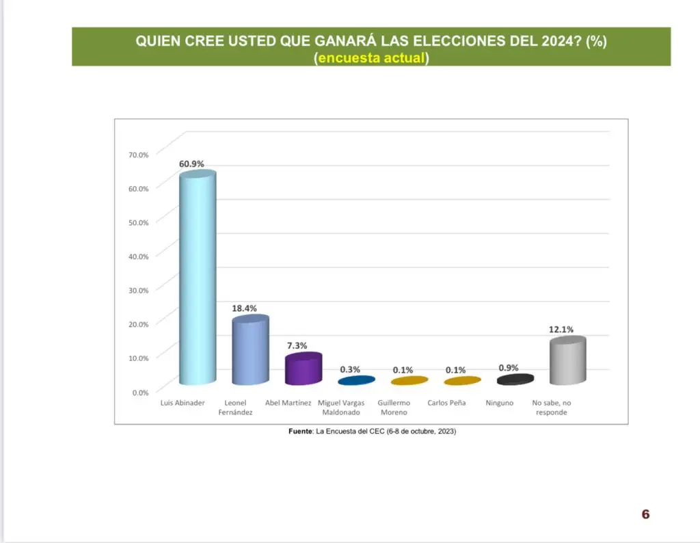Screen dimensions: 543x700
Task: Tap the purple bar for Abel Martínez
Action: (x=304, y=369)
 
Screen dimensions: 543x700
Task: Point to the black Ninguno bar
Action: (x=515, y=380)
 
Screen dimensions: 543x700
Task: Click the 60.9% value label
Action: (x=191, y=163)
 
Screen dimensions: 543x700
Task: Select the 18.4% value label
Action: (x=244, y=308)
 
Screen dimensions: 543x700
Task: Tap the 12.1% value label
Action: (x=561, y=329)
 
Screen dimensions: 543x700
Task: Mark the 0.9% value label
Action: (x=509, y=368)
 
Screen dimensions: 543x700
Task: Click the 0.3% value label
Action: (x=350, y=369)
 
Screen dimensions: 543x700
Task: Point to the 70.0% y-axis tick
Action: (x=138, y=155)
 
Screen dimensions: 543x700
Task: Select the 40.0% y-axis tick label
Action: (x=138, y=256)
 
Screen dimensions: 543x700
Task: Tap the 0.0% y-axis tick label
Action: (x=139, y=392)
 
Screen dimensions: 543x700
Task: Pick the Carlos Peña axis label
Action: (x=446, y=403)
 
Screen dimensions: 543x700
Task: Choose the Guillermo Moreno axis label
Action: (x=394, y=408)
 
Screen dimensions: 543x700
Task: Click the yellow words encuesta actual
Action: (x=371, y=58)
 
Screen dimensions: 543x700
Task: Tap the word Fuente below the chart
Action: (x=300, y=432)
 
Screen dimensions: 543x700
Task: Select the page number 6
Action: (x=645, y=514)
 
